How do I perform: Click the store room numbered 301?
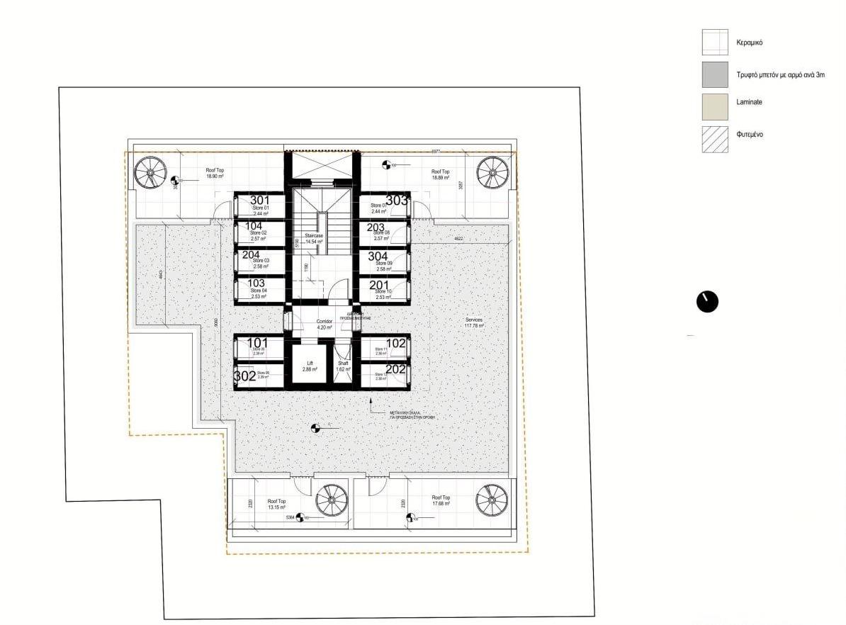coord(259,206)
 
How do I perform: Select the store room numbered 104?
coord(259,232)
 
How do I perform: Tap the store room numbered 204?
coord(259,260)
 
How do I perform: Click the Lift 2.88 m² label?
coord(309,366)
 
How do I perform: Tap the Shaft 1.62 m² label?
coord(343,366)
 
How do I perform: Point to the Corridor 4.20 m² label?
coord(325,325)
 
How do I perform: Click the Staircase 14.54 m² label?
coord(314,238)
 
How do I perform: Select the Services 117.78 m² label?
coord(473,323)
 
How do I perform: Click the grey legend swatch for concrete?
coord(715,75)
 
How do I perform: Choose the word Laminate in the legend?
coord(750,103)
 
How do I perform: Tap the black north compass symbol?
coord(708,301)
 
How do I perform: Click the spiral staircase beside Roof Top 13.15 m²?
coord(329,500)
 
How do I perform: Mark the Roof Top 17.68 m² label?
coord(441,501)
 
